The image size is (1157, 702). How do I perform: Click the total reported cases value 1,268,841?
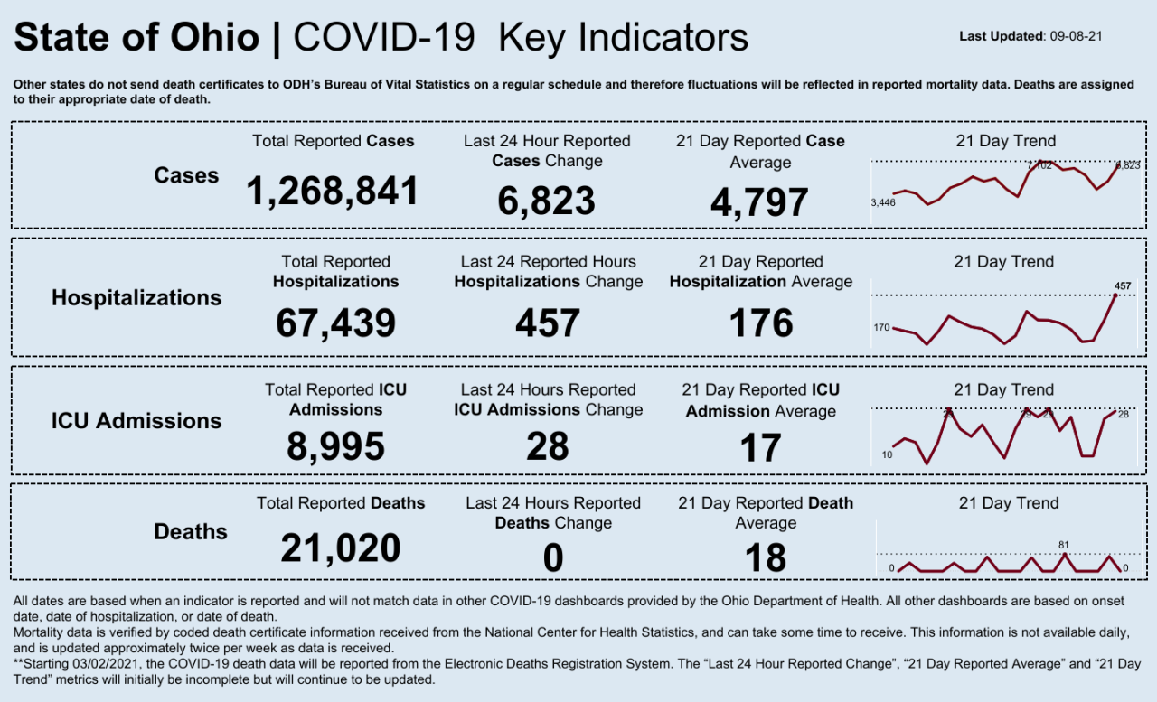pyautogui.click(x=333, y=192)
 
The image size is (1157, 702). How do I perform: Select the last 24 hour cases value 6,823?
pyautogui.click(x=546, y=201)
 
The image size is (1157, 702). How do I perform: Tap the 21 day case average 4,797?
pyautogui.click(x=759, y=202)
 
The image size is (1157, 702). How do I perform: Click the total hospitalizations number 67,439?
pyautogui.click(x=335, y=323)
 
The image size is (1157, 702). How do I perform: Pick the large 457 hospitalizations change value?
pyautogui.click(x=548, y=323)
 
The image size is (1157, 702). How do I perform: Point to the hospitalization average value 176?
pyautogui.click(x=760, y=323)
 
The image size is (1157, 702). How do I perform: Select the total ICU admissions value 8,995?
pyautogui.click(x=335, y=446)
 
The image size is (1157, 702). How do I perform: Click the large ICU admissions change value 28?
pyautogui.click(x=548, y=446)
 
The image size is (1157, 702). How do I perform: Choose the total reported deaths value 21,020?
pyautogui.click(x=340, y=548)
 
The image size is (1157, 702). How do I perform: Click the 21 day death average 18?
pyautogui.click(x=765, y=558)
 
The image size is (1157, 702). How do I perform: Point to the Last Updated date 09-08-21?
pyautogui.click(x=1075, y=36)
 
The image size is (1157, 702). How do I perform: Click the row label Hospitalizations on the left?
pyautogui.click(x=136, y=297)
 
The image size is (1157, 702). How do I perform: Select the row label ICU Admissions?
pyautogui.click(x=136, y=420)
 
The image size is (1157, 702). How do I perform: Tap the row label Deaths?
pyautogui.click(x=191, y=531)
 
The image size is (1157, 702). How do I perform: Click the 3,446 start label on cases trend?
pyautogui.click(x=882, y=202)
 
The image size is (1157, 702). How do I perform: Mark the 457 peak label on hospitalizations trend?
pyautogui.click(x=1122, y=286)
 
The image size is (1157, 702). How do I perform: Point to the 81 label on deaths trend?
pyautogui.click(x=1064, y=545)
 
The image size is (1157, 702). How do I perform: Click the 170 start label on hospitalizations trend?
pyautogui.click(x=881, y=327)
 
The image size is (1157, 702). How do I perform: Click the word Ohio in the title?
pyautogui.click(x=215, y=38)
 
